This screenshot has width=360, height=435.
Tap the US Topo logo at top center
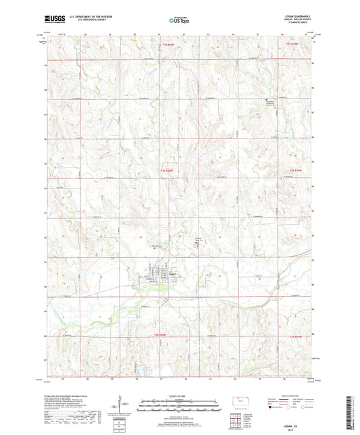(x=179, y=20)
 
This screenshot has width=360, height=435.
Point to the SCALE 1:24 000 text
(x=180, y=395)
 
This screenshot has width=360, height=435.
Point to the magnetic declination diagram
(x=124, y=405)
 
